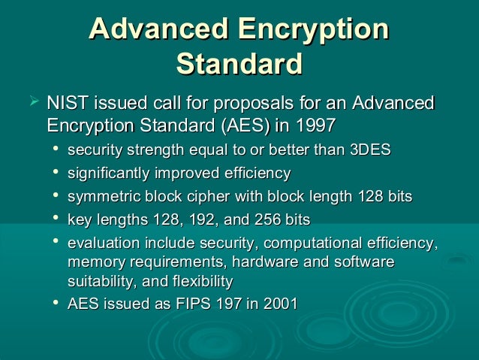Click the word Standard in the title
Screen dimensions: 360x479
tap(239, 63)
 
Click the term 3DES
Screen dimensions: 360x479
tap(371, 150)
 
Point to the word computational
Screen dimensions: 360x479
tap(318, 243)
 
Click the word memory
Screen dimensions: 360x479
tap(93, 262)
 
